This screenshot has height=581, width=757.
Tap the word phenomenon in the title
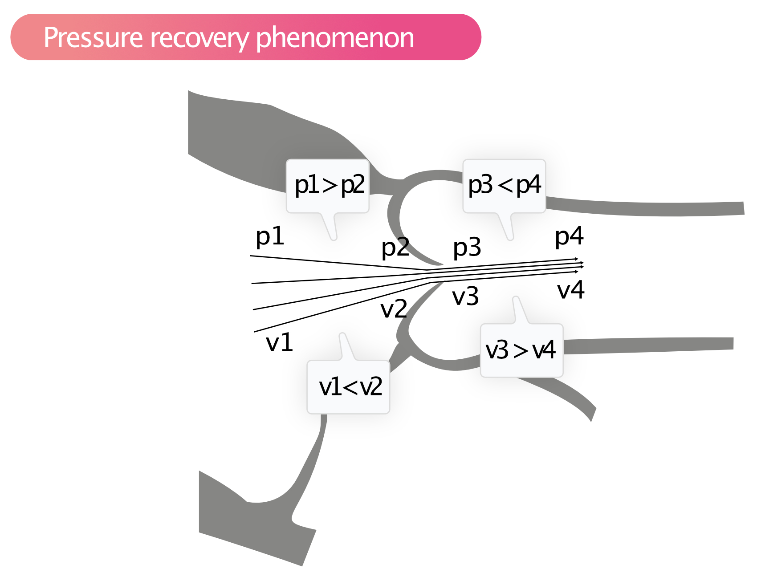335,38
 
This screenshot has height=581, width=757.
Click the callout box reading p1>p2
328,185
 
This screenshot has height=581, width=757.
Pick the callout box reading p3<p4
504,185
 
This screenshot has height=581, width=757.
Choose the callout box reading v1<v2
349,387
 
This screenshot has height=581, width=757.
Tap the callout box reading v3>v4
521,350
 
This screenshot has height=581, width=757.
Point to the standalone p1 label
270,236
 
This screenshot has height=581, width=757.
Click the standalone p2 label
395,248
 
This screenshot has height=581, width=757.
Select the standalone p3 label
467,248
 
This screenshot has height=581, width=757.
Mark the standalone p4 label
569,236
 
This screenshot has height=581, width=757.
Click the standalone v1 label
279,343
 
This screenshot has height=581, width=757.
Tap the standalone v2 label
394,309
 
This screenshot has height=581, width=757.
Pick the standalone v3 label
465,296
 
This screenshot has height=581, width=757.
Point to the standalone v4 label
570,290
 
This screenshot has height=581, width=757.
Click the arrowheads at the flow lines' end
580,265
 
